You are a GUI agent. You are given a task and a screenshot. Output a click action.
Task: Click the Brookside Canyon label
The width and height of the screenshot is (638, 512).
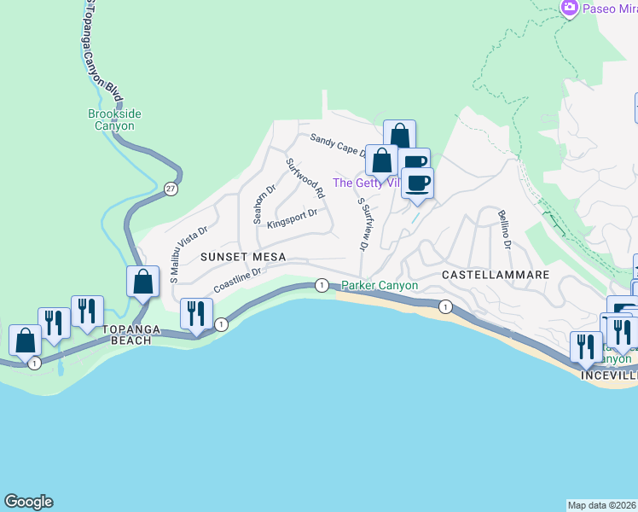pos(114,119)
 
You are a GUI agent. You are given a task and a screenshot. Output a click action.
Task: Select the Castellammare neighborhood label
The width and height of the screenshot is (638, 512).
pos(495,274)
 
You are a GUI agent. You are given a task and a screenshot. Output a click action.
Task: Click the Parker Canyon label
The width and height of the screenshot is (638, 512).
pos(380,285)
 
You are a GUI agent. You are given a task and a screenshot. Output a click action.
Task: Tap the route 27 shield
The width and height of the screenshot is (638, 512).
pos(171,189)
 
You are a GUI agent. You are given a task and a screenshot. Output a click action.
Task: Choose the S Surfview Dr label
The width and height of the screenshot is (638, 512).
pos(362,224)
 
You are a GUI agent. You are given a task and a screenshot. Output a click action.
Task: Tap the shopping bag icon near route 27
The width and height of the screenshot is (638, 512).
pos(142,281)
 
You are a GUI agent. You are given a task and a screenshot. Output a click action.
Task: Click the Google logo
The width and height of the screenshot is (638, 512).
pos(28,502)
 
